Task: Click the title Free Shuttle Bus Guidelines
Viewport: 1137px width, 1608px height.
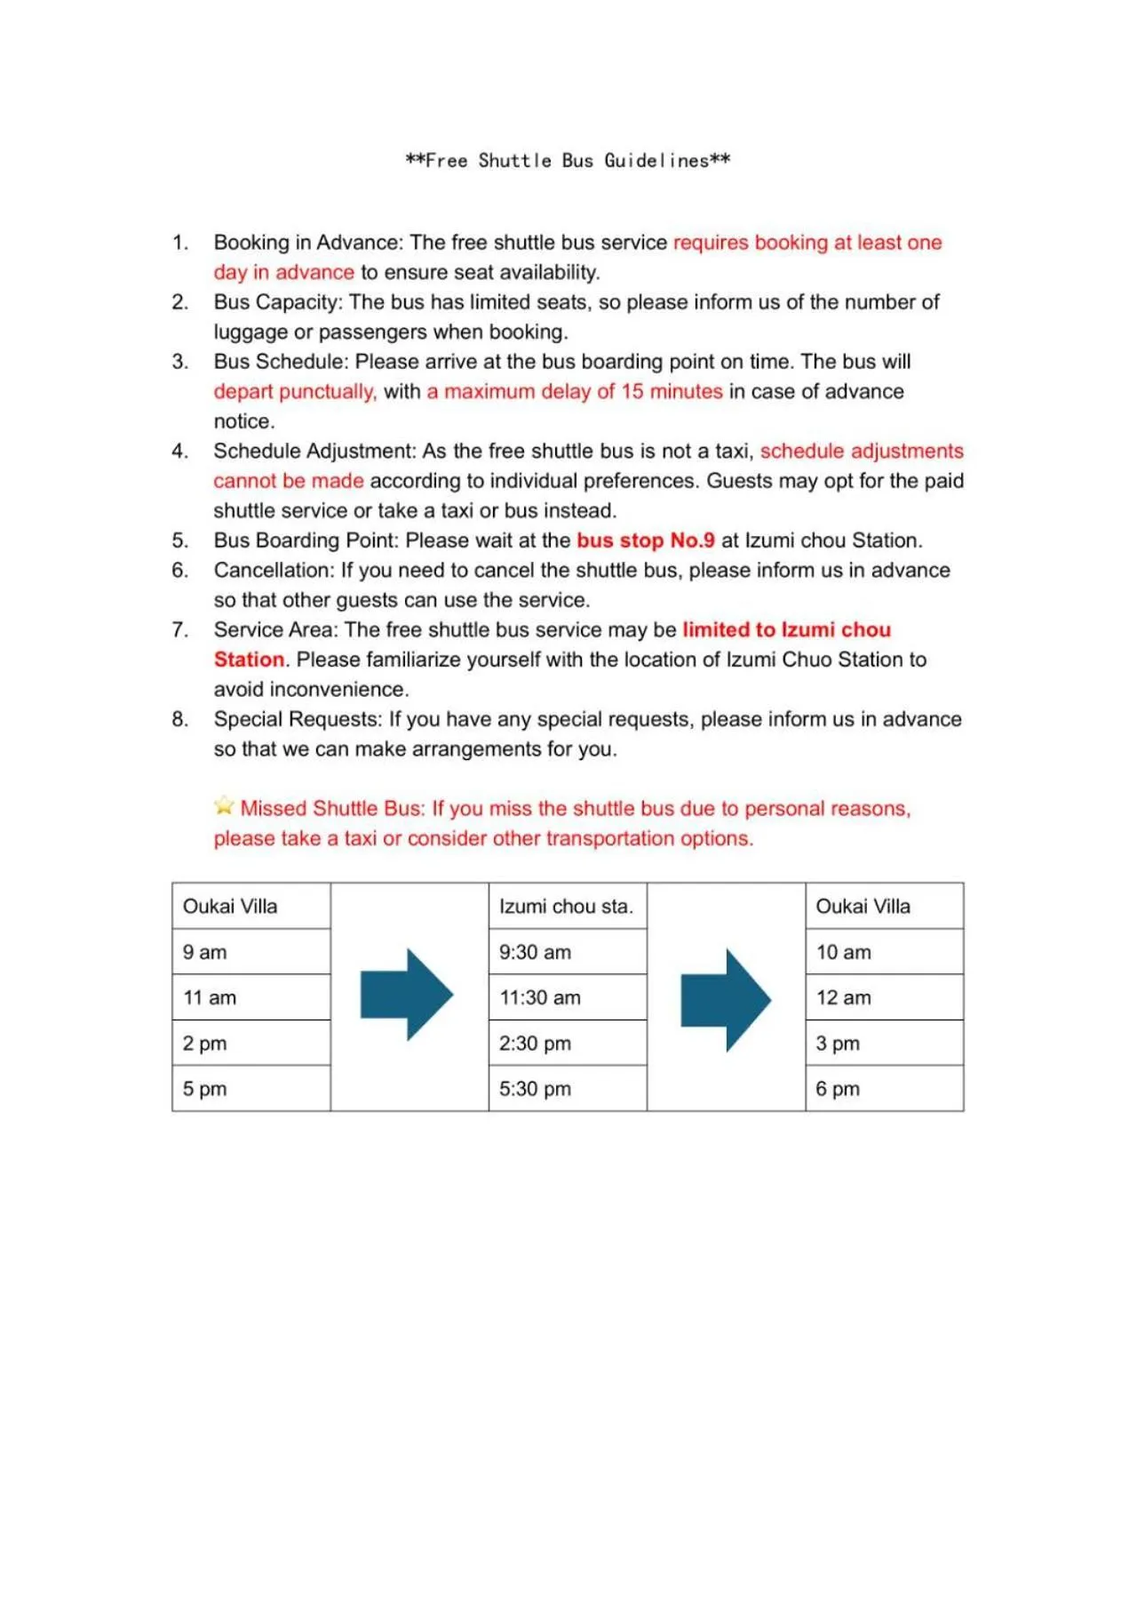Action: coord(568,161)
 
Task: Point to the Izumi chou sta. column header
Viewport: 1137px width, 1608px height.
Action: coord(566,907)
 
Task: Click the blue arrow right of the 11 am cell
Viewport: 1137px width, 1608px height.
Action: coord(407,995)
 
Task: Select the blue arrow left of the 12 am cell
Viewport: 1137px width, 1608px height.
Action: coord(726,1000)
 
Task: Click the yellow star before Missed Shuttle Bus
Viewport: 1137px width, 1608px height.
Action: coord(224,806)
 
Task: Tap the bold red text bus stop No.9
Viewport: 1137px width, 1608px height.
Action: coord(646,540)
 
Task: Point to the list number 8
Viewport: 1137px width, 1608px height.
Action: coord(180,719)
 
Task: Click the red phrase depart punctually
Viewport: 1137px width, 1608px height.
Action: coord(295,392)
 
